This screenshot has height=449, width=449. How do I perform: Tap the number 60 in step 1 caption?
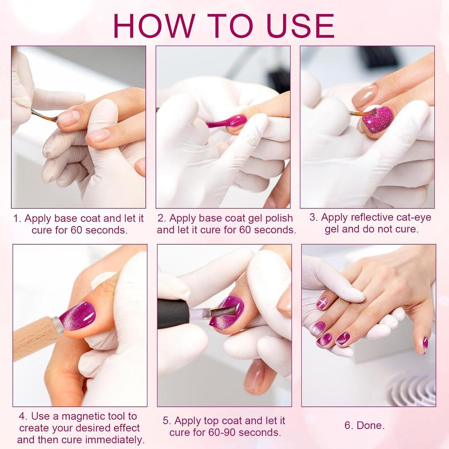76,230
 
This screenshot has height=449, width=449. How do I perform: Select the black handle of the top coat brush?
174,314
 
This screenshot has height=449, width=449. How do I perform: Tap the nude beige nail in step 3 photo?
364,96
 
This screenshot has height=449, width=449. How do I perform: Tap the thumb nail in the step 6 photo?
425,346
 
